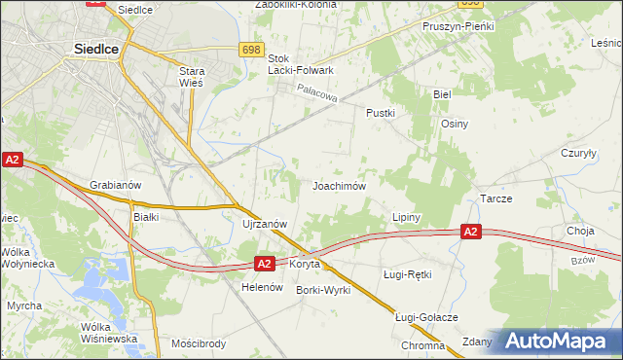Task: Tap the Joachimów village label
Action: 338,185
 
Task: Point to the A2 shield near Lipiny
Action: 470,232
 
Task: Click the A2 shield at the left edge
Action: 12,160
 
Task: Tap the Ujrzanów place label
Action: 264,224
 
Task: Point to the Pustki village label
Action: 380,113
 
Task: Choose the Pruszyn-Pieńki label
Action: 455,26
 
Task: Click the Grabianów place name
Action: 116,185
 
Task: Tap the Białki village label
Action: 146,217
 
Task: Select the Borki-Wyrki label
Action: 323,291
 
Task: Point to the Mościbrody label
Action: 198,343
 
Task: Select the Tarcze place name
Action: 496,198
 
